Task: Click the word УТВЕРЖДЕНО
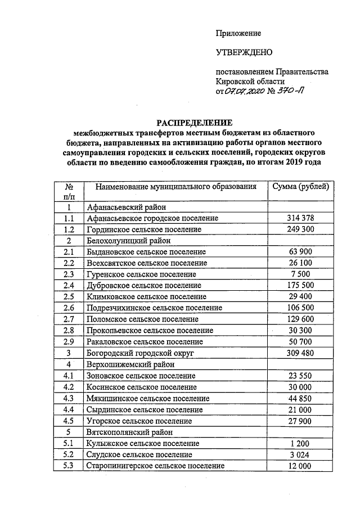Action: (244, 52)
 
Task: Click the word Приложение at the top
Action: (238, 34)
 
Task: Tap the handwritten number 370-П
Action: (292, 92)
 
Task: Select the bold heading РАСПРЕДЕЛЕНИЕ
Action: (193, 123)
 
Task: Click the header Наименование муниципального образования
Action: (175, 186)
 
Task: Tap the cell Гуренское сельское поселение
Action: (141, 274)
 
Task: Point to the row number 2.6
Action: (69, 308)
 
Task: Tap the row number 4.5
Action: (69, 421)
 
